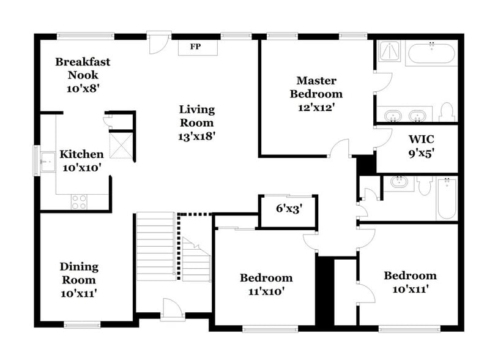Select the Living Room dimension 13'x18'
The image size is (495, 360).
(197, 136)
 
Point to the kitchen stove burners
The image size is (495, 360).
(79, 201)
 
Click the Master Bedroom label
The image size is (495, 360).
(316, 87)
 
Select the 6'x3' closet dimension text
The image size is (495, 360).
(289, 208)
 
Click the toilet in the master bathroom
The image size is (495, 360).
(446, 111)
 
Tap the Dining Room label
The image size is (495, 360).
(78, 273)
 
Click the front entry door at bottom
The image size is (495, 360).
(172, 310)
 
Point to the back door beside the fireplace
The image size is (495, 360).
(158, 43)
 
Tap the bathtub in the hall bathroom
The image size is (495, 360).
(447, 198)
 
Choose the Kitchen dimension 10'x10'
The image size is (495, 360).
(80, 167)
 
